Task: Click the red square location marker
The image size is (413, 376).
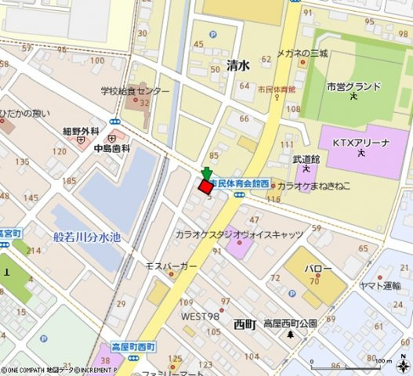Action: click(206, 186)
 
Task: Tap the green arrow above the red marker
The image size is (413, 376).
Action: click(206, 172)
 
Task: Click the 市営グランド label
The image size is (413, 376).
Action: click(353, 86)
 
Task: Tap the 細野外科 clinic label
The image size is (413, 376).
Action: click(82, 130)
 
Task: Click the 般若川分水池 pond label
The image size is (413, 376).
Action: click(87, 237)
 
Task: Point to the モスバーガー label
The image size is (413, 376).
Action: click(171, 266)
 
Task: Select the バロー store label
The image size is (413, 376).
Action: click(318, 269)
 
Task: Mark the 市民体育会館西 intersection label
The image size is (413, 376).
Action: click(241, 183)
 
